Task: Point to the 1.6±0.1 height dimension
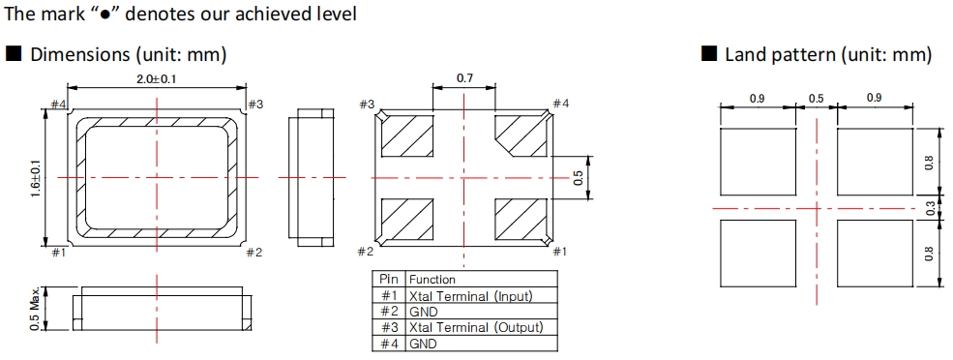[x=36, y=177]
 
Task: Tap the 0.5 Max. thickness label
[x=36, y=309]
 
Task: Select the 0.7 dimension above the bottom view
[x=464, y=77]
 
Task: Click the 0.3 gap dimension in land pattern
[x=931, y=208]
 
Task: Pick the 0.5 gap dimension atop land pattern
[x=817, y=98]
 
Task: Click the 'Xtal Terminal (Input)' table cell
[x=470, y=296]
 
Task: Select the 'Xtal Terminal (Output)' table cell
[x=475, y=327]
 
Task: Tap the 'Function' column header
[x=432, y=280]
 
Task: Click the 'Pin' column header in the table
[x=388, y=279]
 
